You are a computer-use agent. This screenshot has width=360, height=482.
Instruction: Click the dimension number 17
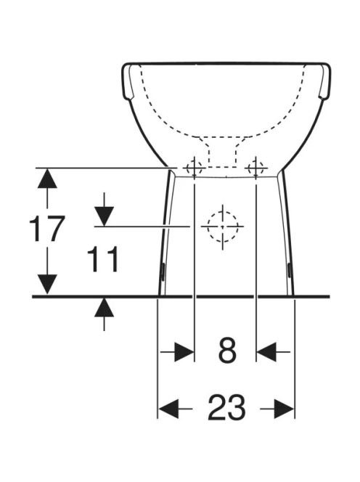coord(46,229)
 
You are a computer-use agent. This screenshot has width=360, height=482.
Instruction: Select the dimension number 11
coord(103,259)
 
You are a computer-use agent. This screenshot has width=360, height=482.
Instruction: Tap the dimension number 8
coord(227,351)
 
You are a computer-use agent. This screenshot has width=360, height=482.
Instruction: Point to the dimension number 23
coord(226,408)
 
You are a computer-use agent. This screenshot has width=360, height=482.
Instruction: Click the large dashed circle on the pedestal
coord(208,226)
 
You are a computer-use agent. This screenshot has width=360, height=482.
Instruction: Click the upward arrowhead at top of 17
coord(47,179)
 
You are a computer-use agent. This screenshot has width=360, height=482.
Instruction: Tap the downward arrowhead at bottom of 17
coord(47,284)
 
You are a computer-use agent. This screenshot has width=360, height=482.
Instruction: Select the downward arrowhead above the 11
coord(105,216)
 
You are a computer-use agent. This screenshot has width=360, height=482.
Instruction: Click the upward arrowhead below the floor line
coord(105,307)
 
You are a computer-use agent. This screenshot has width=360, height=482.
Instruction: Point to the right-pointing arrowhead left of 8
coord(184,351)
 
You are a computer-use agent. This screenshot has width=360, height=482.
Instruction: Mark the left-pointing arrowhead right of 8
coord(266,351)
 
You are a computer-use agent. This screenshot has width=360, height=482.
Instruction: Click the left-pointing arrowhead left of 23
coord(168,409)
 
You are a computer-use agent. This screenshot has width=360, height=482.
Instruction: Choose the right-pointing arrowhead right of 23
coord(285,409)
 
